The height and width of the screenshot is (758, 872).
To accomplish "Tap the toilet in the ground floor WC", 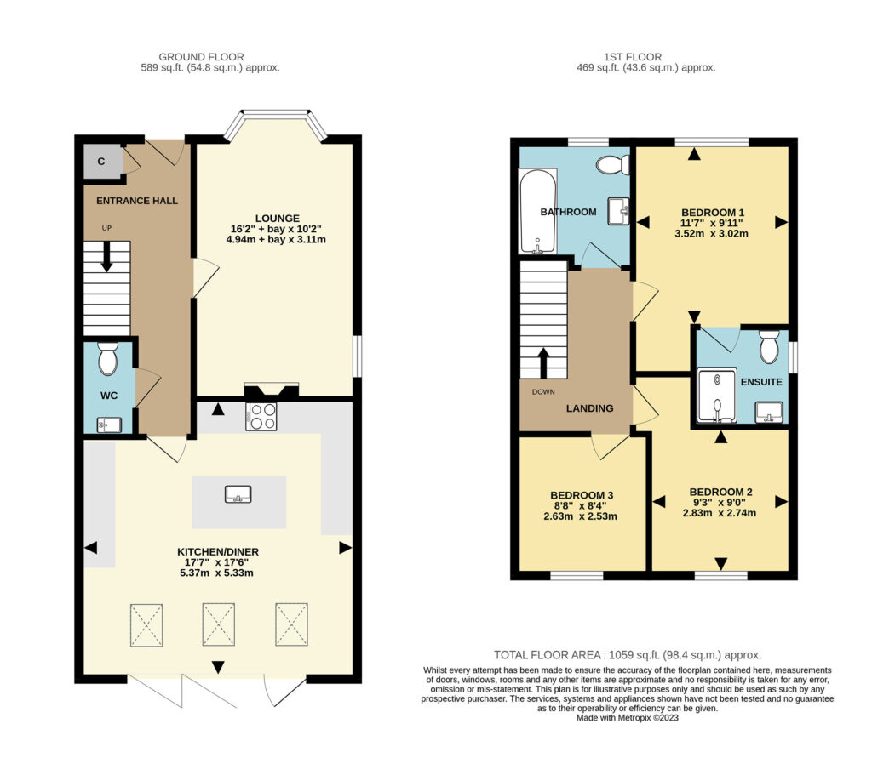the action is coord(108,358).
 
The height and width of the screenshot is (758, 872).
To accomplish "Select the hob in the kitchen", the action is coord(261,416).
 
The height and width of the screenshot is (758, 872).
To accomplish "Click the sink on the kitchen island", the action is coord(238,494).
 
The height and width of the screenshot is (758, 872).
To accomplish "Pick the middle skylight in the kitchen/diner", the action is coord(219,624).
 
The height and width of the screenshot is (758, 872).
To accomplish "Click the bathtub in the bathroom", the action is coord(538,211).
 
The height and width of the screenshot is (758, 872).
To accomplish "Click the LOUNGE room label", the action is coord(277,219).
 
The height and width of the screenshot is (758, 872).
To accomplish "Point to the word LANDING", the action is coord(589,408).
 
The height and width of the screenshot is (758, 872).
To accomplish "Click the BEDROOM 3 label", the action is coord(582,495).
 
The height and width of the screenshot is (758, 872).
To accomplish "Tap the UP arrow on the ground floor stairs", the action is coord(106,257).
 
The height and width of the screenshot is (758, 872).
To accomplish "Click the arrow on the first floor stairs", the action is coord(543,363).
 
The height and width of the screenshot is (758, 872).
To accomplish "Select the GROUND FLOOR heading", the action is coord(201,57).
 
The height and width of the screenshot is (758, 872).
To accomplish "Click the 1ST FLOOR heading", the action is coord(633,57).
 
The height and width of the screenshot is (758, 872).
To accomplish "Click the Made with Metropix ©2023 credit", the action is coord(628,718).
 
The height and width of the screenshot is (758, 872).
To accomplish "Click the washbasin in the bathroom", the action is coord(618,211).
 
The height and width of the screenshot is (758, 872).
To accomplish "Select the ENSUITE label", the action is coord(761,382).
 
